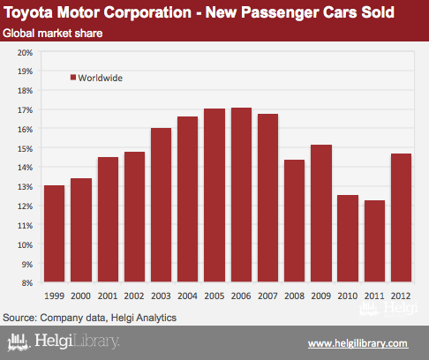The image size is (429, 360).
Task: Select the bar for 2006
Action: (241, 195)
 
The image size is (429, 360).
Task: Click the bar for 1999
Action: (54, 234)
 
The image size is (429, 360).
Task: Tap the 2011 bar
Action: (374, 241)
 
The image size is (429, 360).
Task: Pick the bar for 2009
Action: (321, 214)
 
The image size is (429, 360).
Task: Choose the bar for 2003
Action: (161, 205)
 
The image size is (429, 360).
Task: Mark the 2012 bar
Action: (401, 218)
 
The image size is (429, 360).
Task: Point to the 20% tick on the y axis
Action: (25, 53)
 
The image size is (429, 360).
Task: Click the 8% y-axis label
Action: (26, 283)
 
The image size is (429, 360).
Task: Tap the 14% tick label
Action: (25, 168)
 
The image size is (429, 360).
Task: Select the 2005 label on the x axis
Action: (214, 296)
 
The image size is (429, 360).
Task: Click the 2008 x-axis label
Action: (294, 296)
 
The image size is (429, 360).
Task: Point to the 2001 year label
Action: (108, 296)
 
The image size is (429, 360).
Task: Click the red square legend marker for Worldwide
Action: (73, 78)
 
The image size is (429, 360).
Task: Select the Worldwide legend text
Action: (101, 78)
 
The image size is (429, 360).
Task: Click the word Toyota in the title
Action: (28, 13)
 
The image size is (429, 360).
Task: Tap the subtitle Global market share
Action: (53, 34)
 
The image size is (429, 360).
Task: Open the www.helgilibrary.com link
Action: (358, 343)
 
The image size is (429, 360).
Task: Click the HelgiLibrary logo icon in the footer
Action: (19, 342)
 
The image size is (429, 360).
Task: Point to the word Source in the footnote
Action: (19, 318)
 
